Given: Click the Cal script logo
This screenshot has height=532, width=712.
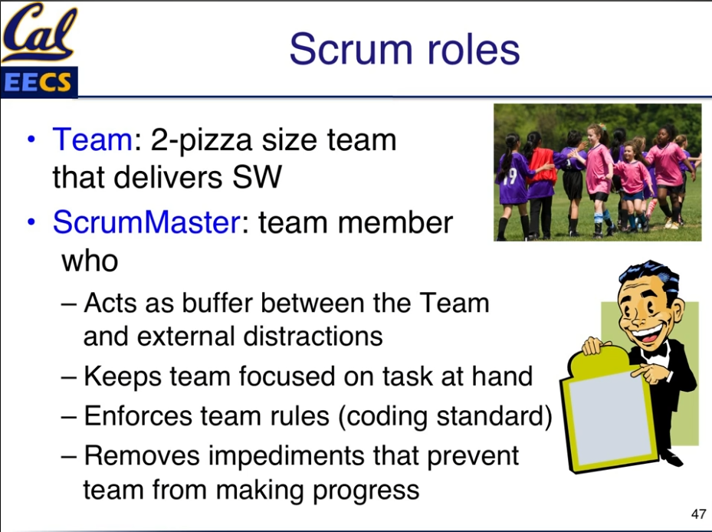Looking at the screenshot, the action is click(39, 33).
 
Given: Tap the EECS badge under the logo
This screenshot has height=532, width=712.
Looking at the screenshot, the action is click(39, 82).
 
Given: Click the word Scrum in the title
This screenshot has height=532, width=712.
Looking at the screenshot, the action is click(350, 49).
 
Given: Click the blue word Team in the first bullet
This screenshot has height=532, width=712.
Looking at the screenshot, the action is click(92, 140).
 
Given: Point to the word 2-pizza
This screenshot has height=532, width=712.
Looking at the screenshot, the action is click(201, 142).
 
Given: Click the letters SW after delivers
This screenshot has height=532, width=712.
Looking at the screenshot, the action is click(257, 177).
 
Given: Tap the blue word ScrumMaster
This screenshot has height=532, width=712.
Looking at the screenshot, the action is click(146, 222).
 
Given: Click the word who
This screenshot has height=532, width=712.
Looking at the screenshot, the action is click(90, 261).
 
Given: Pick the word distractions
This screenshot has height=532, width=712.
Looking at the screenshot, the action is click(313, 337).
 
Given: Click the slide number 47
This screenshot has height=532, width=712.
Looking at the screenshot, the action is click(698, 514).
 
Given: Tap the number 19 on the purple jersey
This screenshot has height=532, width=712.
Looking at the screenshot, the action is click(510, 176).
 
